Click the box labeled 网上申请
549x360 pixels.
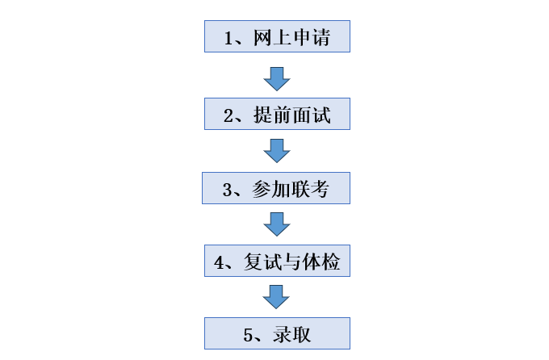[x=277, y=37]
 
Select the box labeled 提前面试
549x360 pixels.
[x=277, y=114]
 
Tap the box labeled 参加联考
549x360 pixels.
[x=276, y=189]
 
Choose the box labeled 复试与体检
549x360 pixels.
[x=277, y=262]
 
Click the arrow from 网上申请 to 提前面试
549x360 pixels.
[x=277, y=78]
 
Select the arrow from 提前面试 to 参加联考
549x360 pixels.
[x=277, y=151]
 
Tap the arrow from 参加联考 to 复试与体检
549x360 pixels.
[x=277, y=224]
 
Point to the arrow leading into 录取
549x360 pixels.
[x=277, y=297]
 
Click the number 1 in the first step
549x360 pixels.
[x=229, y=37]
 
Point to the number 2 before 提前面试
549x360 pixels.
[x=229, y=115]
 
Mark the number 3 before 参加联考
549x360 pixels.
[x=228, y=190]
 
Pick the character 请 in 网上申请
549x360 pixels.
[x=321, y=37]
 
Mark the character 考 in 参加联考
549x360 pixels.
[x=321, y=189]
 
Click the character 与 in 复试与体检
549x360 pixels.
[x=292, y=262]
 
